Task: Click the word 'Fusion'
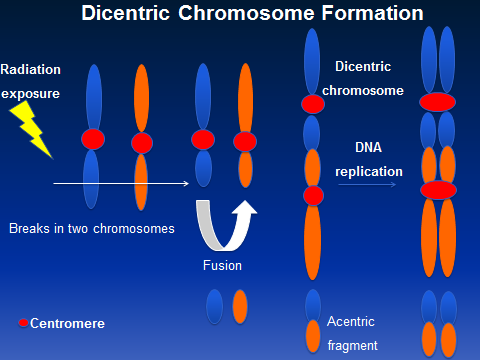coord(223,267)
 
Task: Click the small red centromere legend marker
coord(23,323)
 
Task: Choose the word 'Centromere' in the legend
coord(67,324)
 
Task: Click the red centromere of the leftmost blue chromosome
coord(93,139)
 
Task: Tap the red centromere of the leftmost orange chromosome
coord(141,142)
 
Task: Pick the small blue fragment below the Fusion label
coord(215,305)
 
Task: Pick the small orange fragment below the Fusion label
coord(240,305)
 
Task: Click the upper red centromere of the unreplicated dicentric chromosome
coord(313,104)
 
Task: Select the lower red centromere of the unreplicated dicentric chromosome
coord(313,195)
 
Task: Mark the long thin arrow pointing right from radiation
coord(120,184)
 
